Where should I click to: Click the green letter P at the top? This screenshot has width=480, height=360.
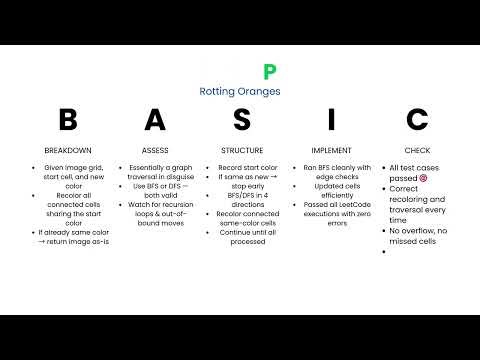click(x=267, y=71)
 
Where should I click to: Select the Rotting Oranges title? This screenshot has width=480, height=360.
click(x=239, y=91)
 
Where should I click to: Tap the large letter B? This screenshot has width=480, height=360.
click(x=68, y=120)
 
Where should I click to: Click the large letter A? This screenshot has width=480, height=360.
click(x=154, y=120)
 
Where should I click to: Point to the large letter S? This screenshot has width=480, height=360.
click(x=241, y=120)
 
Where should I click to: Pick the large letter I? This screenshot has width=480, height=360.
click(x=325, y=120)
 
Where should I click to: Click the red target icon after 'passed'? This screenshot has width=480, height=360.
click(x=424, y=177)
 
